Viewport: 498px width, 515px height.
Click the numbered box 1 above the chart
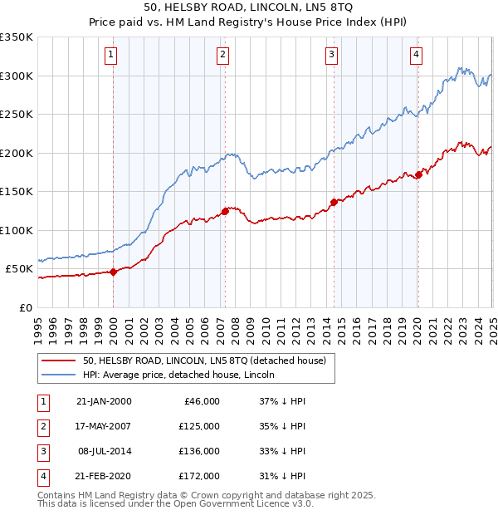[x=111, y=56]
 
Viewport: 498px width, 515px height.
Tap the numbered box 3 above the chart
[x=331, y=56]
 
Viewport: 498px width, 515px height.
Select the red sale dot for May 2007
[x=225, y=211]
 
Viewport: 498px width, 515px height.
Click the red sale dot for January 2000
[x=114, y=272]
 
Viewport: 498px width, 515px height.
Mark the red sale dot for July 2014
[x=334, y=202]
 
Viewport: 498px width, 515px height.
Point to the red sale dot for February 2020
[x=419, y=174]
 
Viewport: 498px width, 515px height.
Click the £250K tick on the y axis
[x=17, y=115]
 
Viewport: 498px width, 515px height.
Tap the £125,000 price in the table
[x=200, y=426]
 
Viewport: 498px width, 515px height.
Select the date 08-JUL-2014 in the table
[x=104, y=451]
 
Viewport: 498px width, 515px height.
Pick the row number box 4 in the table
[x=42, y=476]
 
